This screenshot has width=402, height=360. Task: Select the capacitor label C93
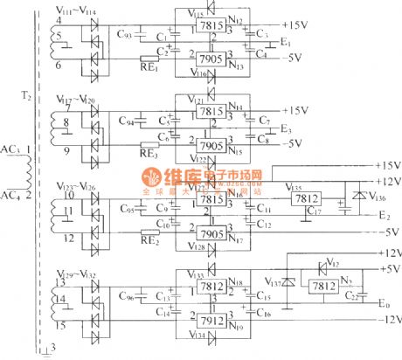124,35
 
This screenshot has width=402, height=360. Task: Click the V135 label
295,188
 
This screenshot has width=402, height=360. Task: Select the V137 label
274,283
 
